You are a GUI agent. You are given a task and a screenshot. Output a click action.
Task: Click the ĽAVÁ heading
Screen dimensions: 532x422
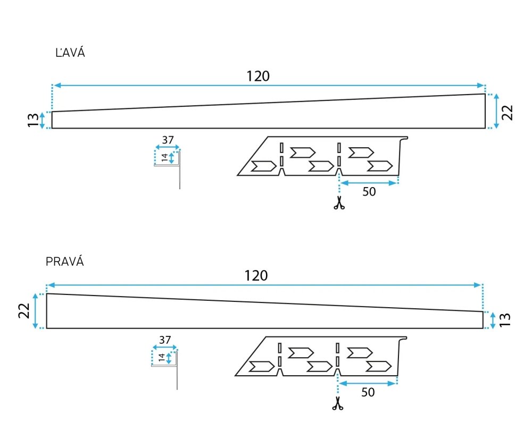[x=70, y=53]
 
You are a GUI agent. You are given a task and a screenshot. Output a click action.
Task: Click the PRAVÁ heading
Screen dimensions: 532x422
[x=64, y=261]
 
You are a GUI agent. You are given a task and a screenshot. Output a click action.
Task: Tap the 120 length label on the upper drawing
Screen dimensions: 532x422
[x=258, y=76]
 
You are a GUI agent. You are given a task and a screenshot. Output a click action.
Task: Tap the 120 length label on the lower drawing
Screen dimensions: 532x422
[x=256, y=275]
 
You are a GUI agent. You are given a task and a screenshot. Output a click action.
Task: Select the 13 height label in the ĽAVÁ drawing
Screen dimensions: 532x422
[x=33, y=120]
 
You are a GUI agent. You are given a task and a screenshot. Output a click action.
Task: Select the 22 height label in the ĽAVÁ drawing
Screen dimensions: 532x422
[x=507, y=112]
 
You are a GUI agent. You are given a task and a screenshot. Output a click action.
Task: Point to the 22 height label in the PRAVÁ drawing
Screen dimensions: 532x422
[x=24, y=310]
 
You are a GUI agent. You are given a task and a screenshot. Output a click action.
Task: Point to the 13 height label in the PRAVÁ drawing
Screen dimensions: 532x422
[x=505, y=319]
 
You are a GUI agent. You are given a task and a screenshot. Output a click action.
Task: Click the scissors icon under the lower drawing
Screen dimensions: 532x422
[x=338, y=403]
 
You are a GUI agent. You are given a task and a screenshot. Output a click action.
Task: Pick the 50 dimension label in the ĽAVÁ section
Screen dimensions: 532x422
[x=369, y=192]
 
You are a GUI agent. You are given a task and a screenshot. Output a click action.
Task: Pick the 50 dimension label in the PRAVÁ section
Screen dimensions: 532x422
[x=368, y=392]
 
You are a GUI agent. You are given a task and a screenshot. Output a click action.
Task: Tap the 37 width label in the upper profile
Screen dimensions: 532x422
[x=168, y=140]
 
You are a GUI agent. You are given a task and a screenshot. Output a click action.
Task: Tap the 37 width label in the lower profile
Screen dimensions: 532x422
[x=165, y=340]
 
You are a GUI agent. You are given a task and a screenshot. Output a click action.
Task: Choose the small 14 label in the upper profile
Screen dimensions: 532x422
[x=164, y=157]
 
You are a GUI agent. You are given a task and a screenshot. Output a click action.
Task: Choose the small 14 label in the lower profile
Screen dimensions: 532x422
[x=162, y=357]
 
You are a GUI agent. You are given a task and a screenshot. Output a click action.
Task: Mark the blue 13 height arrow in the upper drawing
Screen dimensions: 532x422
[x=42, y=120]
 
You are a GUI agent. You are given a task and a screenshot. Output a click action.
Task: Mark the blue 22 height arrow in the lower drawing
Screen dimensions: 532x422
[x=35, y=311]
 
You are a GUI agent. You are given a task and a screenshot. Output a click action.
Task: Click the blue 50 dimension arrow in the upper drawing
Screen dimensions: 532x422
[x=369, y=183]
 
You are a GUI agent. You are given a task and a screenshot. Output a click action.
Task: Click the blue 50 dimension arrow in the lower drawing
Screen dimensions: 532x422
[x=368, y=383]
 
